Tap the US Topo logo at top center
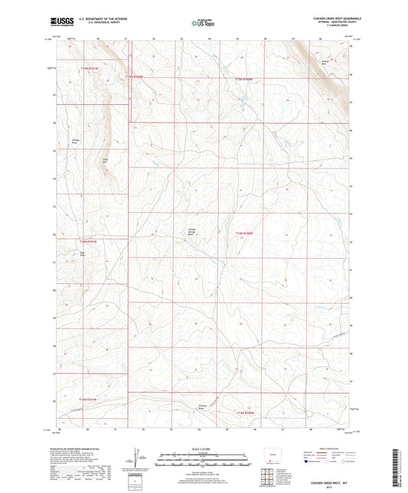click(x=202, y=24)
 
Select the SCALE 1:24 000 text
click(x=204, y=449)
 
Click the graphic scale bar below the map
click(x=204, y=457)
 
